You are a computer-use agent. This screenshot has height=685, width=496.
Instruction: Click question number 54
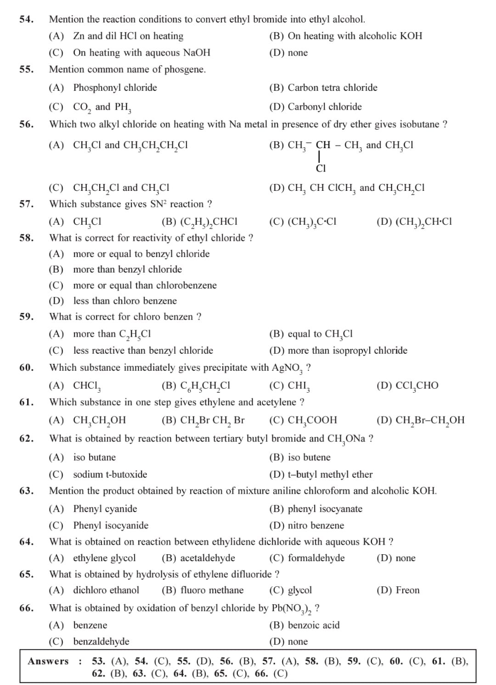pyautogui.click(x=26, y=19)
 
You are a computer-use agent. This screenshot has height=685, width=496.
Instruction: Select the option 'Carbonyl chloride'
pyautogui.click(x=324, y=107)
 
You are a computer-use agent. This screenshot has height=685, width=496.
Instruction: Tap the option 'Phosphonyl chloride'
pyautogui.click(x=115, y=88)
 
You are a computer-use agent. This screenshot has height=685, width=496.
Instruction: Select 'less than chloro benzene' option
pyautogui.click(x=125, y=301)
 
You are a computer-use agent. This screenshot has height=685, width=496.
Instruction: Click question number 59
pyautogui.click(x=26, y=317)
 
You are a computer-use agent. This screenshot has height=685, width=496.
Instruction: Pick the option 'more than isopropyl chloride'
pyautogui.click(x=347, y=351)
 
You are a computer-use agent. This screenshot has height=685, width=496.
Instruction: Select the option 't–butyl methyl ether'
pyautogui.click(x=330, y=474)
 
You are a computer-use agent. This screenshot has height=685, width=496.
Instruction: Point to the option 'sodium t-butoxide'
pyautogui.click(x=110, y=474)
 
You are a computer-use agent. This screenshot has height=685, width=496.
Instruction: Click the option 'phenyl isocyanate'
pyautogui.click(x=325, y=509)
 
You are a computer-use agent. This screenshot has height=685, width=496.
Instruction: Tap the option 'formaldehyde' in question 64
pyautogui.click(x=316, y=558)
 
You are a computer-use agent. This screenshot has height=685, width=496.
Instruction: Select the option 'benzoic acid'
pyautogui.click(x=313, y=625)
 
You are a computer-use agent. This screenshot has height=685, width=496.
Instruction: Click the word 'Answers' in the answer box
pyautogui.click(x=48, y=661)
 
